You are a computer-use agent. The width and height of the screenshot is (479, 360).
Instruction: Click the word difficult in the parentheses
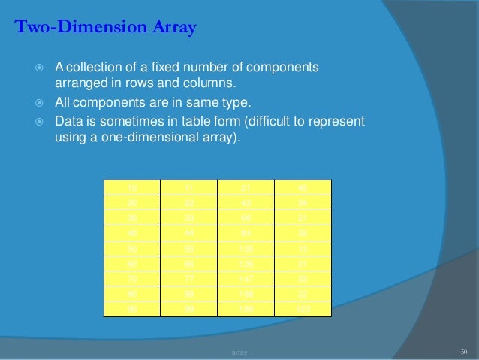248,121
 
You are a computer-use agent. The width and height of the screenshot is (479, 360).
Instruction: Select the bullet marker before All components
42,103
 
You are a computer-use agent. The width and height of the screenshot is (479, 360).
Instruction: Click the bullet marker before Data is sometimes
42,122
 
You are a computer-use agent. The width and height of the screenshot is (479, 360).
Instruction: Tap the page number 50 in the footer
463,351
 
